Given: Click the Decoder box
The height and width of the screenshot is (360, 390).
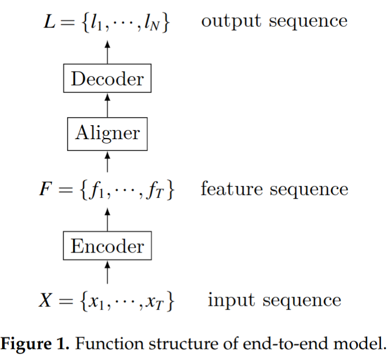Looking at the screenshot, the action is [108, 80].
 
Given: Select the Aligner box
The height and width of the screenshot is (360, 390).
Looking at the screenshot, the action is [108, 133].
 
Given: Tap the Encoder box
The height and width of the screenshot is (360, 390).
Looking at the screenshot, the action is [108, 247].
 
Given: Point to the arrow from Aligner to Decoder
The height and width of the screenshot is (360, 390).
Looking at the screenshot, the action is [108, 105].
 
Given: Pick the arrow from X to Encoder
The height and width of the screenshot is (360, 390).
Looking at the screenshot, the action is [108, 272].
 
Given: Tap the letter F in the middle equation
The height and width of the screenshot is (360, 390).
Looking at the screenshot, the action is [46, 190].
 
